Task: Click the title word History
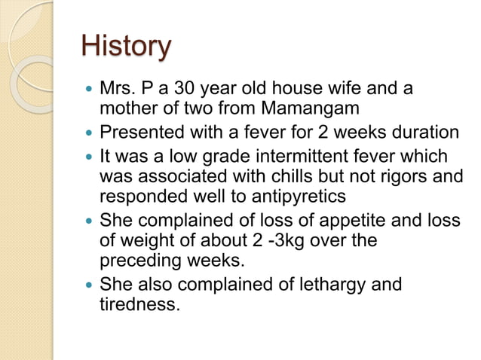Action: pos(126,47)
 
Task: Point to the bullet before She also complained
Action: pos(90,286)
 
